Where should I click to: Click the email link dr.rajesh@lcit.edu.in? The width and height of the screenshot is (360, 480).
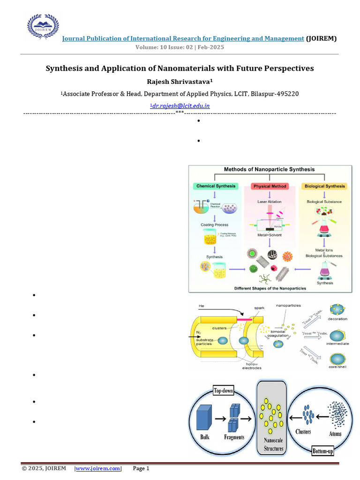[x=180, y=106]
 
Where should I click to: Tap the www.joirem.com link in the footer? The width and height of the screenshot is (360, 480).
[x=98, y=468]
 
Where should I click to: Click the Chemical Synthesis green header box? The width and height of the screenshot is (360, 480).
[x=216, y=186]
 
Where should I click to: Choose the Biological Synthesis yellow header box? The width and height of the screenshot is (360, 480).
[x=325, y=186]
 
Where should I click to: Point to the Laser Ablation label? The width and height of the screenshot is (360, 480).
[x=269, y=202]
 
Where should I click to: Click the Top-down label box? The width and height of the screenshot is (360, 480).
[x=224, y=391]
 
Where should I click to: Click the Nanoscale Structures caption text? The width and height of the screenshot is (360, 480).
[x=272, y=445]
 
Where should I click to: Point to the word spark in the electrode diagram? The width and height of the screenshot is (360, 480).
[x=259, y=308]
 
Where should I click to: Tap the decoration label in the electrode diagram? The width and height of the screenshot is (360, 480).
[x=337, y=319]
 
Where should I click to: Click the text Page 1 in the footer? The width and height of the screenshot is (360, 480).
[x=141, y=468]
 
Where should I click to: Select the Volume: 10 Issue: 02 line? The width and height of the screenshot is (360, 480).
[x=180, y=48]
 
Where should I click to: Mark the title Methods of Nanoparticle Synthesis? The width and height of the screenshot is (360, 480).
[x=269, y=169]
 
